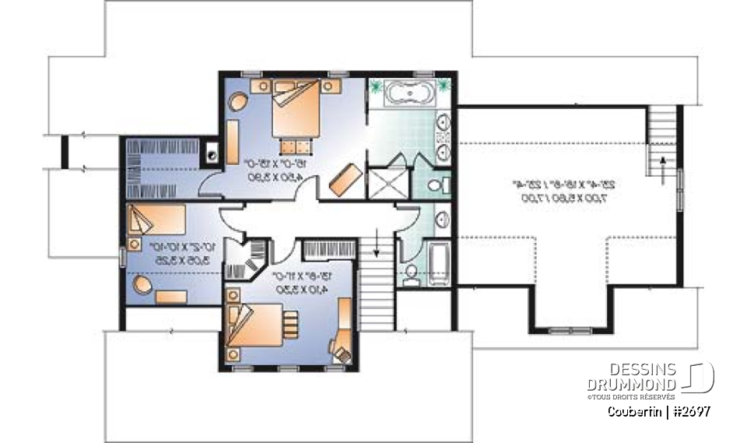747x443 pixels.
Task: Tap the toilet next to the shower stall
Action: [438, 185]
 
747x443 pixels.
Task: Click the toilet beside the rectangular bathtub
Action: [411, 271]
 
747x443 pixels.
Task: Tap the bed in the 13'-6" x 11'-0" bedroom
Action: [257, 325]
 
